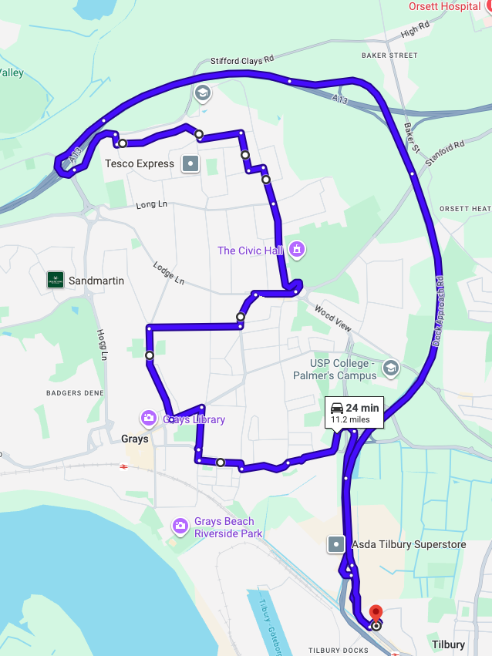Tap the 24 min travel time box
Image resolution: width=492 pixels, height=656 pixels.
354,412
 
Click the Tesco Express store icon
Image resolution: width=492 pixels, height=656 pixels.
190,163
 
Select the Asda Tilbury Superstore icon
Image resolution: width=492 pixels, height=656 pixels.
336,544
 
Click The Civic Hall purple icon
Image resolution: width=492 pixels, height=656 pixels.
296,250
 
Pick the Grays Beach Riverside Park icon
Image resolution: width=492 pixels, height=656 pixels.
180,526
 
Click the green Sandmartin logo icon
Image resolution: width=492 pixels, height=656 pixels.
56,280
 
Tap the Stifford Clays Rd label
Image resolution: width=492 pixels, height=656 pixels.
242,60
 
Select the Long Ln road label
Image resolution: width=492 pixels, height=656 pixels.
151,205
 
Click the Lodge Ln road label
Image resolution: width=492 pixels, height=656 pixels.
169,273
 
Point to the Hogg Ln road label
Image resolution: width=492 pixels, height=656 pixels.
101,344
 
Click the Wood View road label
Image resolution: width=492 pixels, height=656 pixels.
333,318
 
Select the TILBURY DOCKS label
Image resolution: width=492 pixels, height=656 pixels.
339,651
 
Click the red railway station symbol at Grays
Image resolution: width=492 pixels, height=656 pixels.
123,466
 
